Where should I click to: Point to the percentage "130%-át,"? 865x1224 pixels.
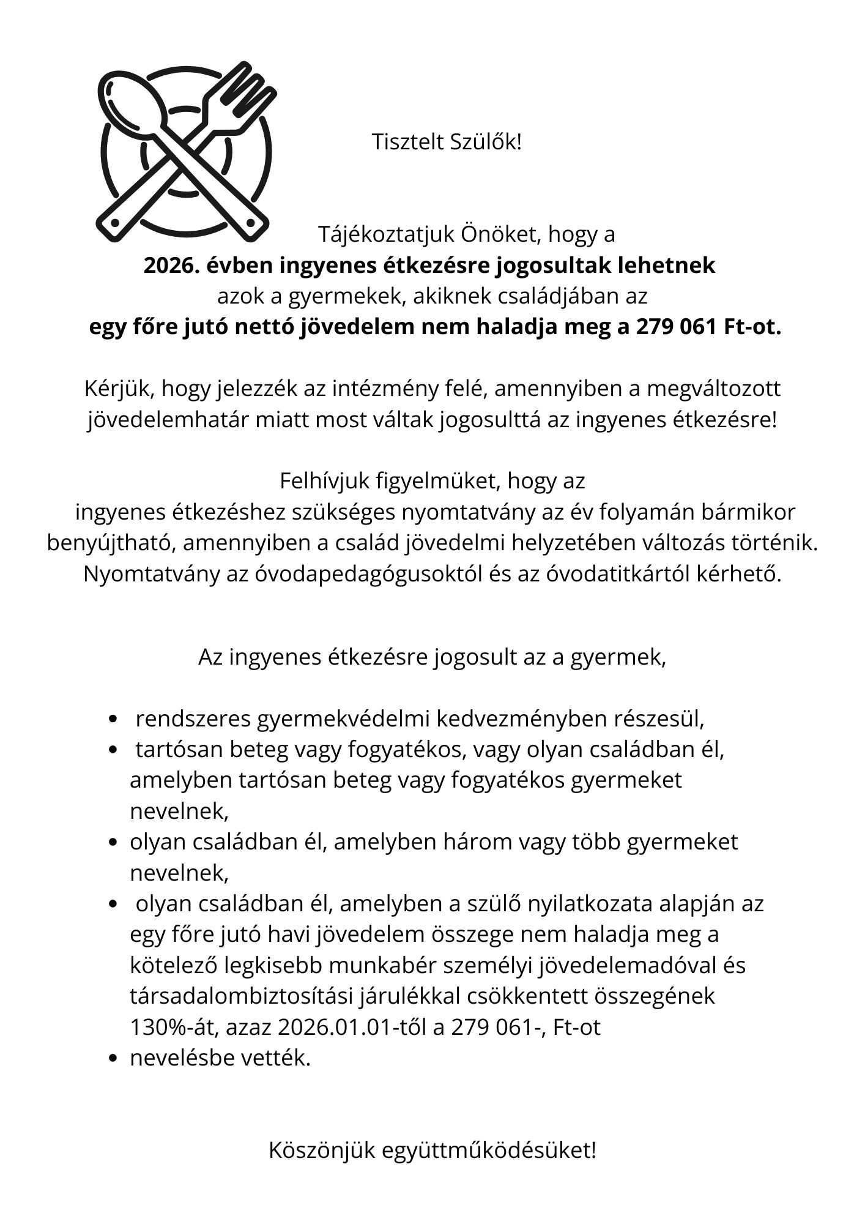tap(174, 1027)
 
